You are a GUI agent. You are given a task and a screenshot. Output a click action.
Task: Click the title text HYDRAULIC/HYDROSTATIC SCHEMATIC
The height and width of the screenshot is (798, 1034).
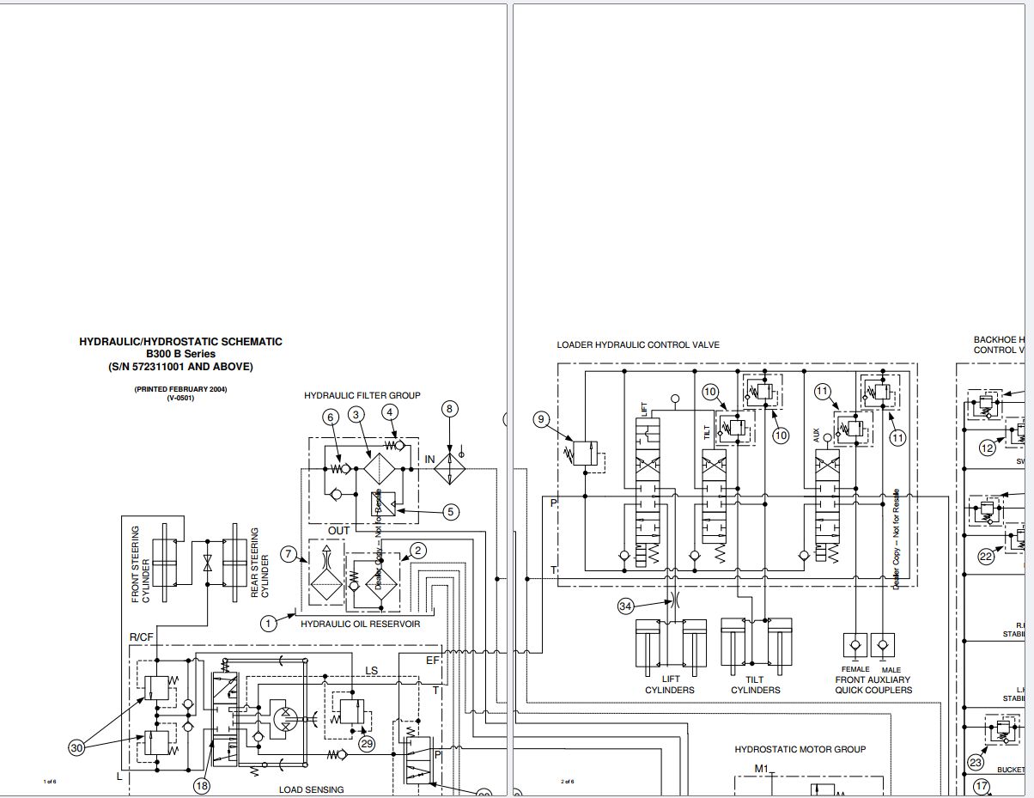pos(180,342)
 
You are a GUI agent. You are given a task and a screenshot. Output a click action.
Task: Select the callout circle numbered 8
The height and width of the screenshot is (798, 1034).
pos(450,410)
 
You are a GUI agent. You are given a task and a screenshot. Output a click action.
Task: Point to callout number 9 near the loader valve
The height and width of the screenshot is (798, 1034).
pos(541,419)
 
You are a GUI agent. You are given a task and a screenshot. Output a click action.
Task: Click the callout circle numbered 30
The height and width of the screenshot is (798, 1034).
pos(77,747)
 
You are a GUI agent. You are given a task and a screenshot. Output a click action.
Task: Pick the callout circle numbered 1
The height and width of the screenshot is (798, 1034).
pos(269,623)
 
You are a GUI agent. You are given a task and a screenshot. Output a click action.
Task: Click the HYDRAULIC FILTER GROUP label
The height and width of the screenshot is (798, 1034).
pos(362,395)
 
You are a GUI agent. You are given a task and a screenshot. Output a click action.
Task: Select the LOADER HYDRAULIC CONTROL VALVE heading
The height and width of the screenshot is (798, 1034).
pos(638,345)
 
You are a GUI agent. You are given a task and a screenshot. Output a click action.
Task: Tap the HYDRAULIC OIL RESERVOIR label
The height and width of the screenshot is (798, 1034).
pos(361,624)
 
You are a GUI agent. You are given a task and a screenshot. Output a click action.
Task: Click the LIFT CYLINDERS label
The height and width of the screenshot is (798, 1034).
pos(669,684)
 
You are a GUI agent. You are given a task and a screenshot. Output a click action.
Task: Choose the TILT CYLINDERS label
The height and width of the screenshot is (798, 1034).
pos(756,684)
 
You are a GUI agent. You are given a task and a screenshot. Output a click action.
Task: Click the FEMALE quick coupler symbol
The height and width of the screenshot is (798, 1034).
pos(855,644)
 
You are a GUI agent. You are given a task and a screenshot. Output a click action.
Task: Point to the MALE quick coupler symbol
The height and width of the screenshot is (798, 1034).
pos(883,644)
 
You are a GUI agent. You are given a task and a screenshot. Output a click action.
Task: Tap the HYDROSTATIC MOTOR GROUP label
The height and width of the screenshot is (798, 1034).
pos(800,749)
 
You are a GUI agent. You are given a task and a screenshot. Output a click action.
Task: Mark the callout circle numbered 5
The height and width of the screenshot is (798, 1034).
pos(450,512)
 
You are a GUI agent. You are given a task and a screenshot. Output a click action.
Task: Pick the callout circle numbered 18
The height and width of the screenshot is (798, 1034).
pos(202,785)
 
